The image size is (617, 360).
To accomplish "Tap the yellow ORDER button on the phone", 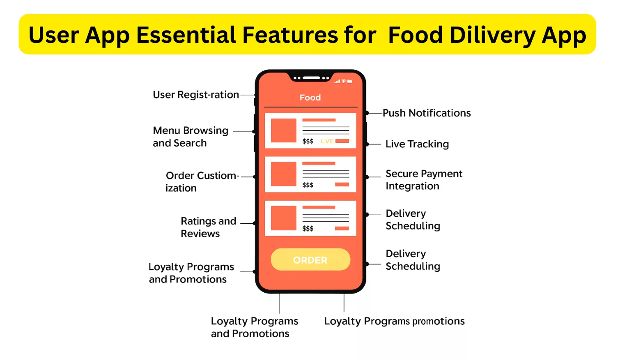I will click(x=310, y=260).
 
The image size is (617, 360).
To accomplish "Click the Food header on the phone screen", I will click(x=310, y=98).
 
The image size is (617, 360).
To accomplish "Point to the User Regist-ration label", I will click(x=196, y=95).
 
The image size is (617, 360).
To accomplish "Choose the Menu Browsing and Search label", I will click(x=190, y=137).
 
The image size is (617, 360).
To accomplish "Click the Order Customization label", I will click(x=201, y=182).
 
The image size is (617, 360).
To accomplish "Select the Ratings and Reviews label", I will click(x=208, y=227).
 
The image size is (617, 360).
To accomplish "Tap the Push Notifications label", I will click(x=426, y=113).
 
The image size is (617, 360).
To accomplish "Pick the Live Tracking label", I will click(x=417, y=144).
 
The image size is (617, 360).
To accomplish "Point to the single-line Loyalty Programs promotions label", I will click(x=394, y=321).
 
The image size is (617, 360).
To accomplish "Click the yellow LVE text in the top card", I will click(x=327, y=141).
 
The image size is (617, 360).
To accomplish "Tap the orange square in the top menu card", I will click(x=283, y=130).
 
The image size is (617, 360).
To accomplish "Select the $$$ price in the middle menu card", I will click(x=308, y=185).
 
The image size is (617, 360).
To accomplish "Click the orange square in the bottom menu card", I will click(x=283, y=218).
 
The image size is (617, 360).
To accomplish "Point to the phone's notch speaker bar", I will click(x=311, y=78).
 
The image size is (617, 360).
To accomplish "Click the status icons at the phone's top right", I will click(x=343, y=81).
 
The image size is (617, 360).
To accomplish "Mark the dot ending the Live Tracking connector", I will click(x=367, y=144).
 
